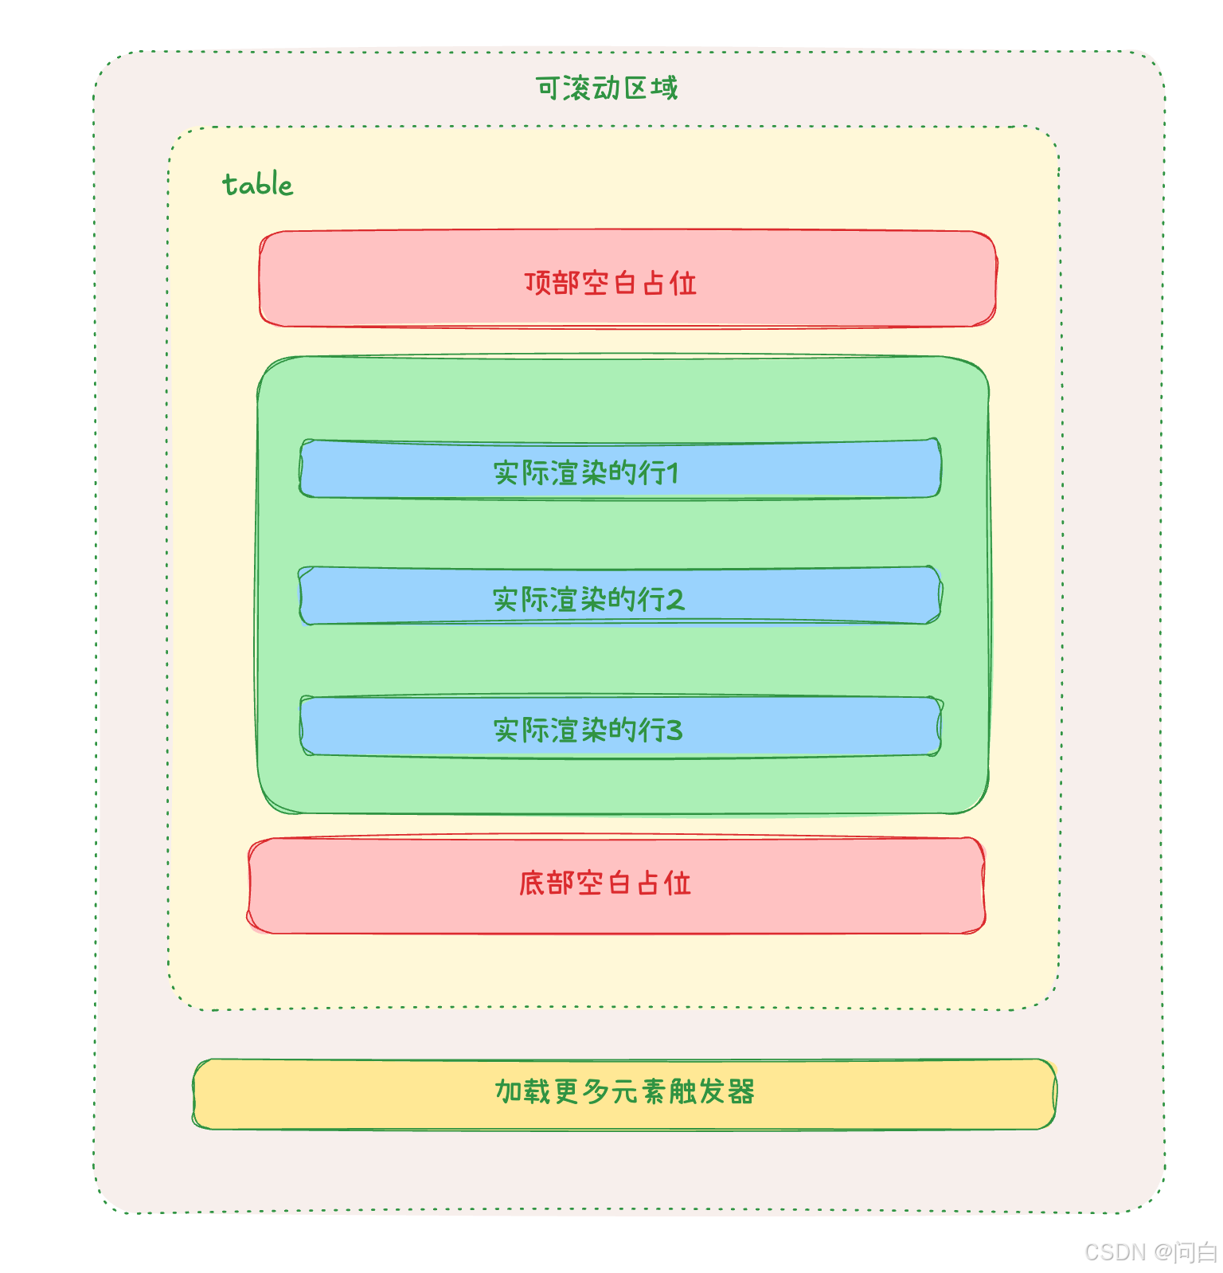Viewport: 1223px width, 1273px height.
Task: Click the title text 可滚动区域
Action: tap(607, 88)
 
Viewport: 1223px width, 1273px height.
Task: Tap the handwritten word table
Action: tap(257, 185)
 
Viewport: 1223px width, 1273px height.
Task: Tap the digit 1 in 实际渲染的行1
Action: tap(674, 473)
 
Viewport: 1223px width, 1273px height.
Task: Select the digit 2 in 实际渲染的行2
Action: tap(675, 599)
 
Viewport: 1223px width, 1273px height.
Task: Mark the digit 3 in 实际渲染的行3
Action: tap(674, 730)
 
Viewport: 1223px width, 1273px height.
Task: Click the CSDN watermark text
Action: tap(1115, 1252)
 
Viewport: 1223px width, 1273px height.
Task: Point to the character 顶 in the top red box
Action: tap(537, 283)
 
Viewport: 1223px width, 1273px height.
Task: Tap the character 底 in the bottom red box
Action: tap(532, 883)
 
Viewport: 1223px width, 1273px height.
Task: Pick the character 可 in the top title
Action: tap(549, 88)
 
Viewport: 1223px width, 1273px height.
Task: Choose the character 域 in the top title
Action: tap(664, 88)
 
